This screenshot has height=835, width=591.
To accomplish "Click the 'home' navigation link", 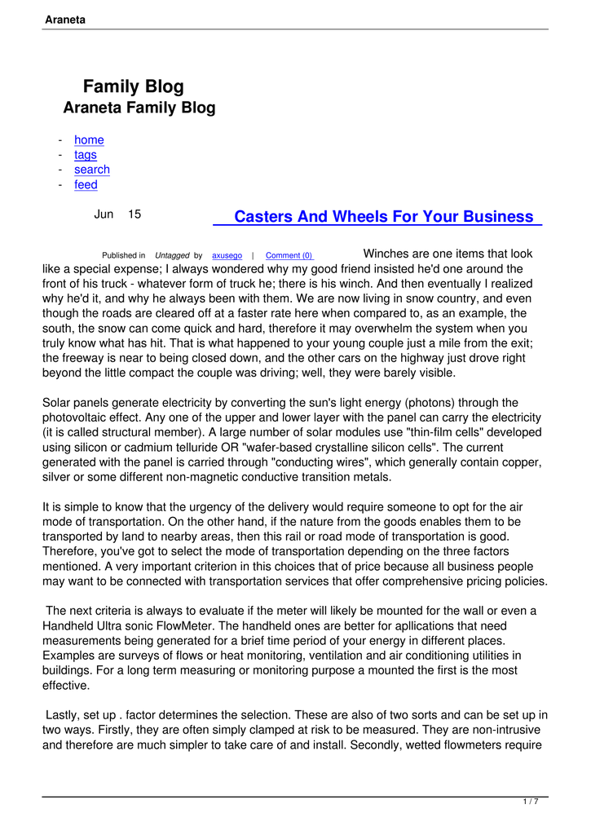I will click(x=89, y=140).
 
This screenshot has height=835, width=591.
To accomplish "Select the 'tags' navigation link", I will click(x=85, y=155).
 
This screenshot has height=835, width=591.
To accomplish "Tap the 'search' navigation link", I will click(x=91, y=170).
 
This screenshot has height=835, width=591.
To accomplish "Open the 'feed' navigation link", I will click(x=86, y=185).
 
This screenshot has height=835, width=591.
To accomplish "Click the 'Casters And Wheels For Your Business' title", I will click(x=383, y=217).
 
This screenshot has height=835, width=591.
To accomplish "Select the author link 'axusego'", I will click(x=227, y=256).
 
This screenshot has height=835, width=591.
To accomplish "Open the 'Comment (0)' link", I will click(x=289, y=256).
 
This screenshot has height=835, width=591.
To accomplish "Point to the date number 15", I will click(x=135, y=214).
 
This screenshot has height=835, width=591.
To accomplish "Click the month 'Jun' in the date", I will click(x=104, y=214).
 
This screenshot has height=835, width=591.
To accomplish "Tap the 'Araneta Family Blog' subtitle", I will click(x=139, y=108).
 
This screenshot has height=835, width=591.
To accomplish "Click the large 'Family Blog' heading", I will click(x=134, y=86).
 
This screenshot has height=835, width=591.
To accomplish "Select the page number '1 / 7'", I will click(x=530, y=802).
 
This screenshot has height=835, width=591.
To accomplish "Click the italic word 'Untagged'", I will click(x=172, y=256).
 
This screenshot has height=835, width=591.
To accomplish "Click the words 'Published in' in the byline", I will click(x=124, y=256).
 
